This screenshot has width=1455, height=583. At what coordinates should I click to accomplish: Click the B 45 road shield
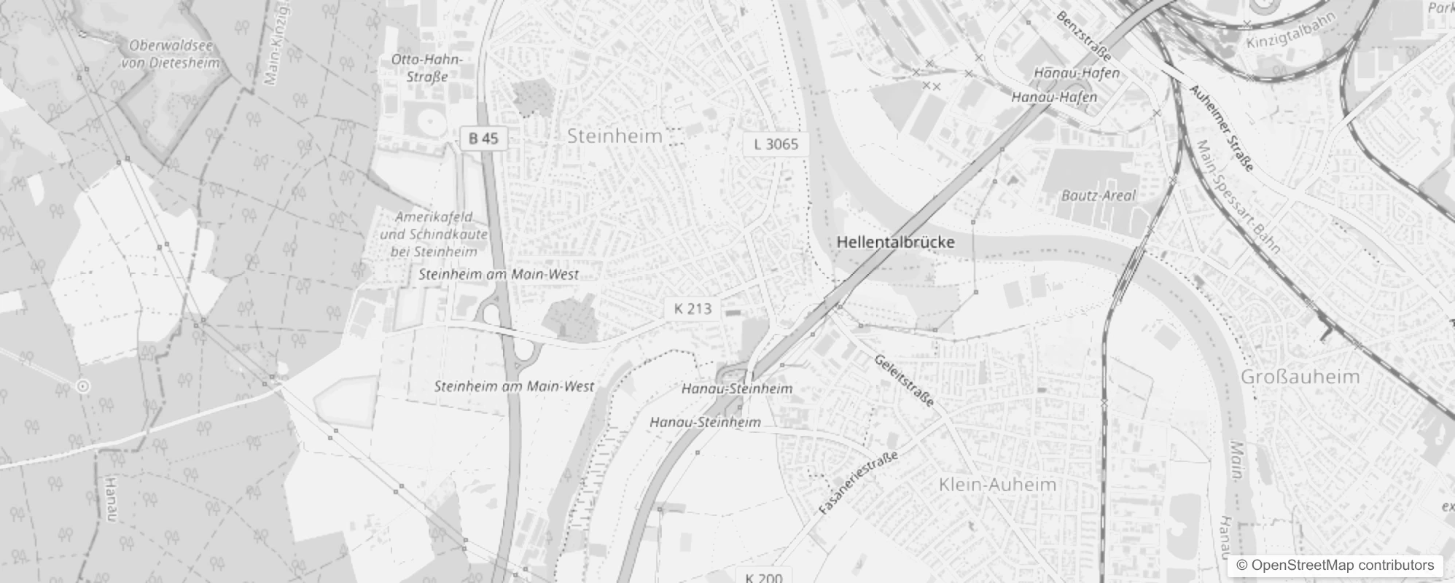click(x=483, y=138)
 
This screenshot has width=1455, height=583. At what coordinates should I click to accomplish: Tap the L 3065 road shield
click(x=776, y=144)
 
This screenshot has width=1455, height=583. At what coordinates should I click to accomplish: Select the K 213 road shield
click(x=693, y=308)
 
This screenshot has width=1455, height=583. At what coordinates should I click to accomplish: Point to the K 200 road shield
click(x=764, y=577)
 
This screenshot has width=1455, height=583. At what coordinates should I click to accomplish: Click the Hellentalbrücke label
click(x=895, y=242)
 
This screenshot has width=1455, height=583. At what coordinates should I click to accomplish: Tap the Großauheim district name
click(x=1300, y=377)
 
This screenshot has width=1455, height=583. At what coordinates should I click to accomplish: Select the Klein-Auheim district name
click(x=997, y=485)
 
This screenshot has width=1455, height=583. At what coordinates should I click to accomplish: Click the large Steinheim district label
click(x=615, y=136)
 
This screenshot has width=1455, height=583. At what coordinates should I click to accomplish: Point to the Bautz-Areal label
click(x=1099, y=195)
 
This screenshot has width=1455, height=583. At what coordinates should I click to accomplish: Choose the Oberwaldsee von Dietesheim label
click(x=171, y=54)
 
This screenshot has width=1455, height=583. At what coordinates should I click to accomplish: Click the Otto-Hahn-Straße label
click(x=426, y=68)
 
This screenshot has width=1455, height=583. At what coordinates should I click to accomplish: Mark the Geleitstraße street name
click(x=903, y=380)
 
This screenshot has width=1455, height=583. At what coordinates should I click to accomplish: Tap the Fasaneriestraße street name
click(x=858, y=482)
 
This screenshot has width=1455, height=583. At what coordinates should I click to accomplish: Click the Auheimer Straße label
click(x=1221, y=128)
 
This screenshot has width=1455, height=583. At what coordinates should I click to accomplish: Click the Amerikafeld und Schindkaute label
click(x=434, y=234)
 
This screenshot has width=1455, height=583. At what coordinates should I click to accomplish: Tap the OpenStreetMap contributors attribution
click(x=1334, y=566)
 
